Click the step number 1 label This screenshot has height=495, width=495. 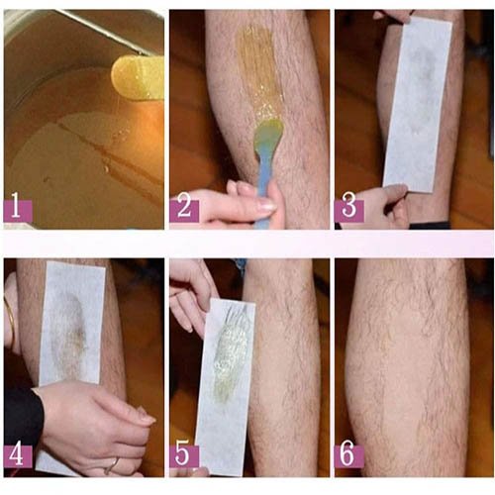18,210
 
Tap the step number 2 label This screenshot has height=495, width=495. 184,210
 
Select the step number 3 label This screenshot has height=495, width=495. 349,210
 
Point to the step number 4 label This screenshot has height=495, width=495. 18,455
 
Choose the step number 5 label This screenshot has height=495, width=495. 184,455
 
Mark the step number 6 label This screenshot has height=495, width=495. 349,455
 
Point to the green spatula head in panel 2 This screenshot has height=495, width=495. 268,132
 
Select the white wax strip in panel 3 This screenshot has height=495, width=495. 418,104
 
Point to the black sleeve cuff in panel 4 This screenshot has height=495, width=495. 22,418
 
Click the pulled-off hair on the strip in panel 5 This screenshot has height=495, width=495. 231,346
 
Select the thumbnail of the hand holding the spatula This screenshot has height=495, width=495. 267,205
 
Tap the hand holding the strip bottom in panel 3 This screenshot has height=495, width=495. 379,206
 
